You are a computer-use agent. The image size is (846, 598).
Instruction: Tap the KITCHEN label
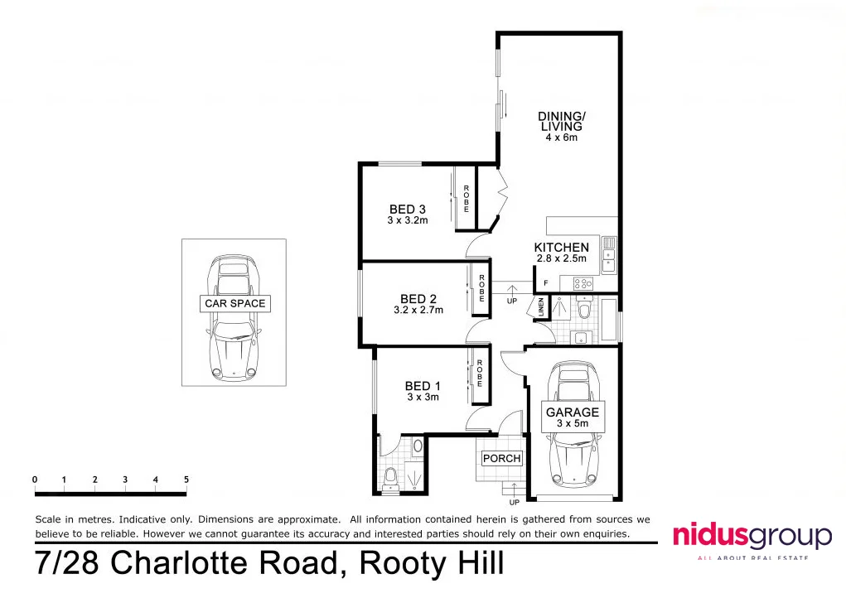click(561, 247)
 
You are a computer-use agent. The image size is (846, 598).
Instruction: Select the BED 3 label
click(408, 210)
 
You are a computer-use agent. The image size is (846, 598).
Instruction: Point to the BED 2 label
click(418, 299)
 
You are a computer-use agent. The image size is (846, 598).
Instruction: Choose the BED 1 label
click(423, 386)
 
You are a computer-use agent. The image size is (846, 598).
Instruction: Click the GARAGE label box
click(572, 412)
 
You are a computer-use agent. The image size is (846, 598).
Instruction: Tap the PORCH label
click(502, 458)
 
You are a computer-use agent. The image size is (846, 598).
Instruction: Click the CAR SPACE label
click(235, 303)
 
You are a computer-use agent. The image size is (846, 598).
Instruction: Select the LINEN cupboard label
click(540, 307)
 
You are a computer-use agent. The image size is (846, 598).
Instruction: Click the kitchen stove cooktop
click(583, 283)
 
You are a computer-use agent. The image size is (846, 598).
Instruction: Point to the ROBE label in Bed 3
click(467, 200)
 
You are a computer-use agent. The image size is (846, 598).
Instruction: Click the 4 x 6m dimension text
click(561, 137)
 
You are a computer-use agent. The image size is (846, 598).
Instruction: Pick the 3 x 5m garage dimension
click(572, 424)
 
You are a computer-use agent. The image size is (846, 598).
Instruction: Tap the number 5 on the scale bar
click(186, 480)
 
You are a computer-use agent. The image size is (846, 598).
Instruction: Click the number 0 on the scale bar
click(35, 480)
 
